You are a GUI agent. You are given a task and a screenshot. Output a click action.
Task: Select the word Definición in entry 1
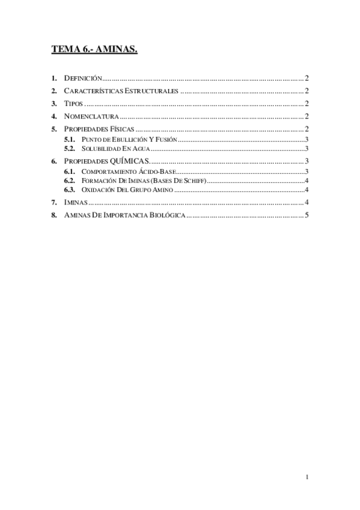[84, 78]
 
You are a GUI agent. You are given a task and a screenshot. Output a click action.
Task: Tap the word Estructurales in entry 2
[151, 91]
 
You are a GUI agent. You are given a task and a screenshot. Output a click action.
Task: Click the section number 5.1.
[70, 139]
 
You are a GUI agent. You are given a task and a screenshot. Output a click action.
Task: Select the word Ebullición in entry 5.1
[127, 139]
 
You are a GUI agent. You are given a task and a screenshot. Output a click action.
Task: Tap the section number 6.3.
[70, 189]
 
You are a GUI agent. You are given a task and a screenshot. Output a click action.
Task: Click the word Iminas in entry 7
[75, 202]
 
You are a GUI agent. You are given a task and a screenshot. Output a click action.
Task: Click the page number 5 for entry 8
[307, 215]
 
